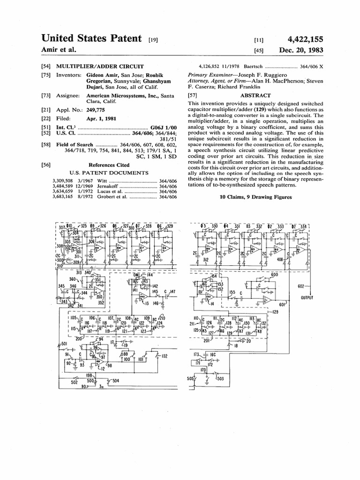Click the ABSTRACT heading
(x=255, y=95)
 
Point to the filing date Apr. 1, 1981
(x=101, y=119)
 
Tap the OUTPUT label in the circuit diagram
(x=307, y=298)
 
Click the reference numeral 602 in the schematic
(x=301, y=285)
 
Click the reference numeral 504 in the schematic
(x=116, y=382)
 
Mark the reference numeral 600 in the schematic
(x=274, y=275)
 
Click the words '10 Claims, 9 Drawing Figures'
(x=255, y=197)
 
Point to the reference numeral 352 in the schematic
(x=101, y=302)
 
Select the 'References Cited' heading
(x=109, y=165)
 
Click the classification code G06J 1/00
(x=164, y=127)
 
